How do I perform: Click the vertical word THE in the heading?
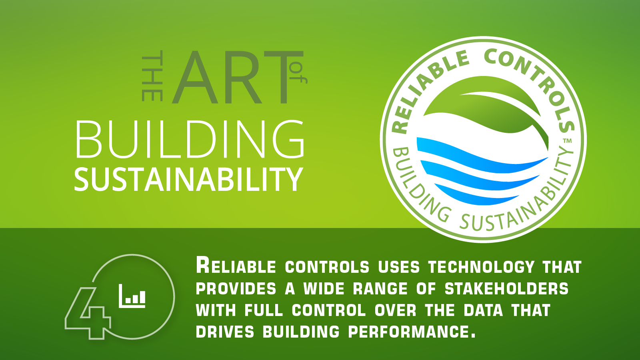click(x=152, y=76)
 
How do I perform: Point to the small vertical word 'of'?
click(x=298, y=76)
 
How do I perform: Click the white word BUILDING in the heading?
click(x=190, y=139)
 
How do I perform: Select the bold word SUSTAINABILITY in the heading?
click(x=188, y=180)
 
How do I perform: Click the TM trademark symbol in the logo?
click(x=568, y=140)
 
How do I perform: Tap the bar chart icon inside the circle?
click(x=132, y=296)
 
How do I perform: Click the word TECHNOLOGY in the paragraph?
click(x=481, y=267)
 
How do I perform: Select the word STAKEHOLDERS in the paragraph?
click(x=506, y=288)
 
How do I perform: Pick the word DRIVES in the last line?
click(x=225, y=332)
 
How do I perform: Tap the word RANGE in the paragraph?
click(x=380, y=288)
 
